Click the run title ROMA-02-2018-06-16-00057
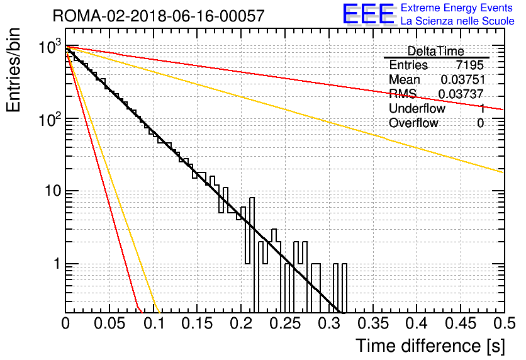point(159,16)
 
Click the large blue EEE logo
point(369,14)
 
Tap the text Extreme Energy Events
point(457,8)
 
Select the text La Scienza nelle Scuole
point(457,21)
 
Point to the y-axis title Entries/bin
point(13,70)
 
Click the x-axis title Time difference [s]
point(430,346)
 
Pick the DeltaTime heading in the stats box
point(436,51)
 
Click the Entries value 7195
point(469,65)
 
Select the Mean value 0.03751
point(463,79)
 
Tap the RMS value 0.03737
point(461,94)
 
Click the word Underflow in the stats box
point(417,108)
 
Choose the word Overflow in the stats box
point(413,123)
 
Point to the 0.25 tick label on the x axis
point(286,323)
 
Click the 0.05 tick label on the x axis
point(109,323)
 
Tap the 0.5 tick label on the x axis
point(504,323)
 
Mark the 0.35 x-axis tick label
point(373,323)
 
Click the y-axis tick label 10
point(53,191)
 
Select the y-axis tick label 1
point(57,264)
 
